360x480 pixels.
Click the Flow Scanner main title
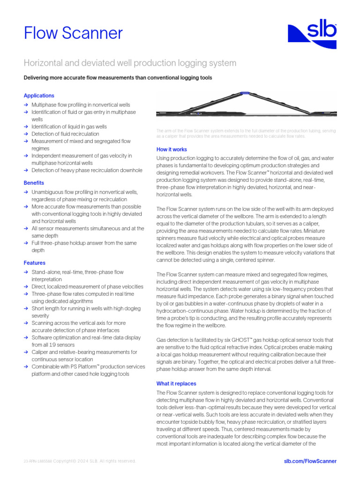coord(73,33)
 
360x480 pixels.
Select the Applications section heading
coord(39,96)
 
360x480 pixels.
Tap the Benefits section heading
coord(34,183)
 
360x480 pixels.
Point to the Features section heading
coord(35,263)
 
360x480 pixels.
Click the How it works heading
coord(172,150)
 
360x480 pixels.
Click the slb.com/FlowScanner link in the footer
coord(310,461)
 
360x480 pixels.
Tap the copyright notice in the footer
coord(80,461)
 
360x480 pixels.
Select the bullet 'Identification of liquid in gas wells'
coord(69,127)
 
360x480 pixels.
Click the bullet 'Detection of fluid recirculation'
coord(65,134)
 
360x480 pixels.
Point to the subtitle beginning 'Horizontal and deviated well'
coord(130,63)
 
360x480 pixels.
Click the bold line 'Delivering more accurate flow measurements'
coord(118,78)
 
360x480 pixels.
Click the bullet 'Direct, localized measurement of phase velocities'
coord(87,286)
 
